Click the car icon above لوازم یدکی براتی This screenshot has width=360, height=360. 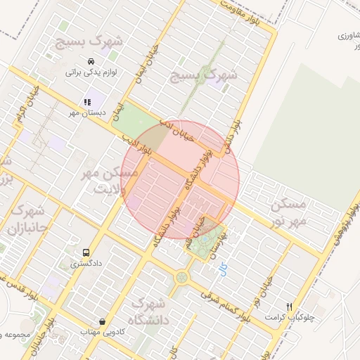[x=90, y=60]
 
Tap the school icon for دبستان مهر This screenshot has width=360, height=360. [x=87, y=103]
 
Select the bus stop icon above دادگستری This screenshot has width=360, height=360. [x=86, y=252]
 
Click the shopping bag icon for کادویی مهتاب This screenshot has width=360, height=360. [x=103, y=321]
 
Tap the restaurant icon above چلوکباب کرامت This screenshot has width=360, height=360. [x=289, y=307]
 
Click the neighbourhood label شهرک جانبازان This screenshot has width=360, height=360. [x=26, y=219]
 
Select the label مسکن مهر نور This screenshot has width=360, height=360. [x=289, y=212]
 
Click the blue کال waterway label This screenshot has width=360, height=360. [x=224, y=269]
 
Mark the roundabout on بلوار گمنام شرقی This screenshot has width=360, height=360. [x=182, y=278]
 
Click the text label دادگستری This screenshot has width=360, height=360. [x=86, y=265]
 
